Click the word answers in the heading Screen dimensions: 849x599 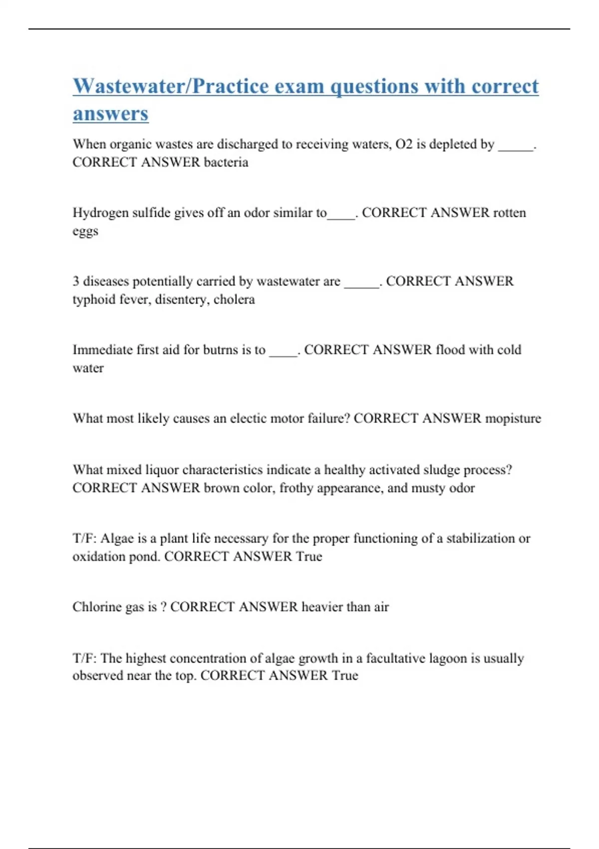point(110,113)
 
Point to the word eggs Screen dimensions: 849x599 point(85,232)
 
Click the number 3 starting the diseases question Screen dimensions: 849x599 point(76,281)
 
